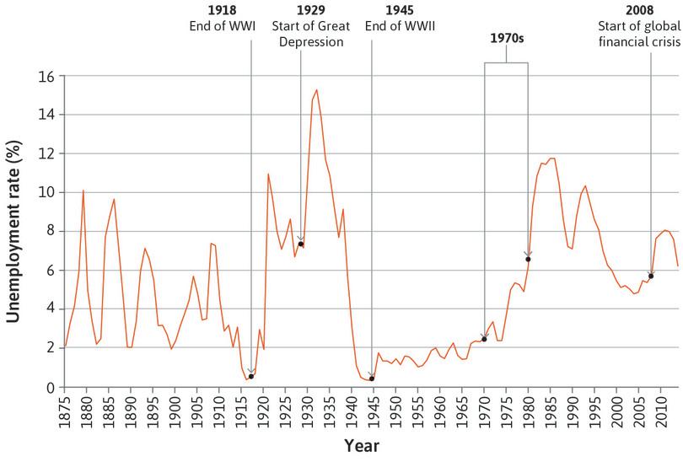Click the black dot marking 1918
tap(251, 376)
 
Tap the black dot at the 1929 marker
tap(300, 244)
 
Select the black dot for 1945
tap(372, 378)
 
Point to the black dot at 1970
tap(484, 339)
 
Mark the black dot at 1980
tap(528, 259)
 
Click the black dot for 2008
tap(651, 276)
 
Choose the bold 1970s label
tap(506, 39)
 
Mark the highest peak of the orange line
tap(316, 89)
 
